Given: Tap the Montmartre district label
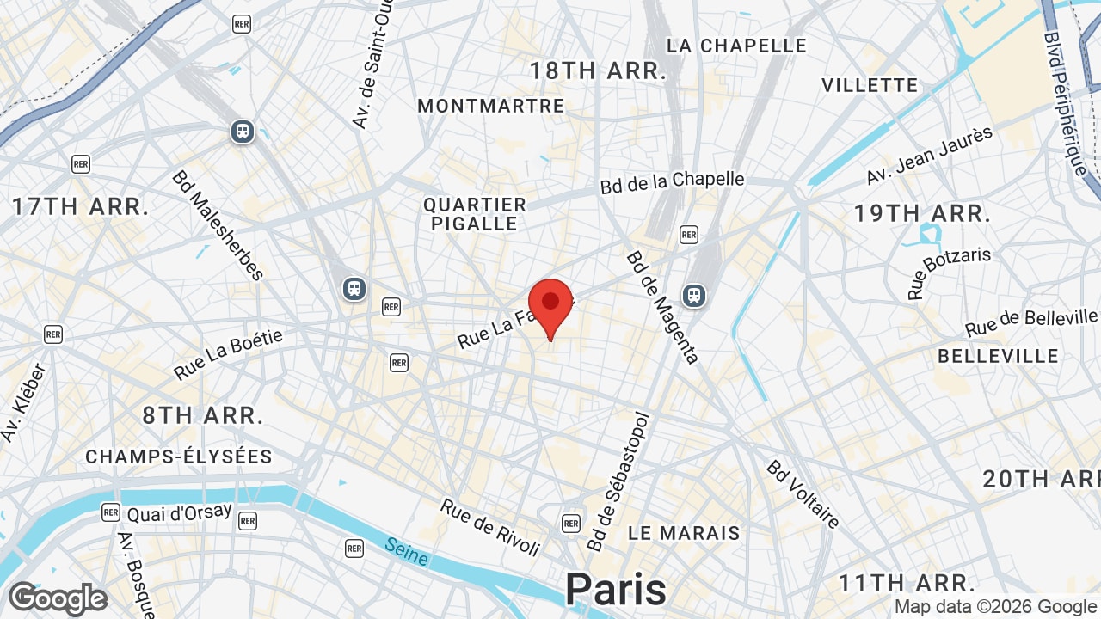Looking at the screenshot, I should click(491, 106).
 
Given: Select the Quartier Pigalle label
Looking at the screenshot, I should click(475, 214).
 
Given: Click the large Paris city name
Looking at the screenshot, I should click(615, 590).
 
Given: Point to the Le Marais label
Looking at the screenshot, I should click(684, 533).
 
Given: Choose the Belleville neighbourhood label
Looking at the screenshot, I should click(998, 356).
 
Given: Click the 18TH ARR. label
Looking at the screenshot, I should click(598, 70).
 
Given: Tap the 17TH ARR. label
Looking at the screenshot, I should click(80, 206).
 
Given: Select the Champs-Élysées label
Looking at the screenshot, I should click(179, 457).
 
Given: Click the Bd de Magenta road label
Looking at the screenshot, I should click(663, 307).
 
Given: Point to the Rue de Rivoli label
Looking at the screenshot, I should click(490, 526).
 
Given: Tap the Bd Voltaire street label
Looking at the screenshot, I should click(803, 494).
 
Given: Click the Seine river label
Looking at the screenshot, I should click(407, 551).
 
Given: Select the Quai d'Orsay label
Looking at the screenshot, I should click(179, 512).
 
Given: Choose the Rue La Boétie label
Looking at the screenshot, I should click(228, 354).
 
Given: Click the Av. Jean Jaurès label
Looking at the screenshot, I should click(930, 156).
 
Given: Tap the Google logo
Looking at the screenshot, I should click(58, 598).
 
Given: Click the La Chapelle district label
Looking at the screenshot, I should click(736, 46).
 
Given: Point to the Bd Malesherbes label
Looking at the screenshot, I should click(218, 225).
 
